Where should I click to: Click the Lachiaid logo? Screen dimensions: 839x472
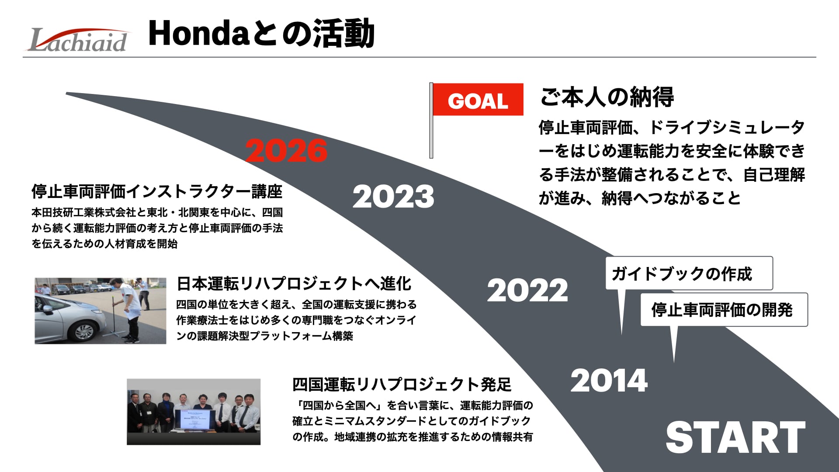click(78, 40)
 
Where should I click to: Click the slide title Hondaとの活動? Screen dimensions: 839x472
click(261, 33)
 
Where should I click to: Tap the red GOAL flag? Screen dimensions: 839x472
click(478, 100)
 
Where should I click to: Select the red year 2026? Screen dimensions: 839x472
click(286, 151)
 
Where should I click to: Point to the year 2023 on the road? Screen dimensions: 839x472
click(393, 197)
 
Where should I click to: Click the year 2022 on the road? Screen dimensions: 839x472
click(527, 290)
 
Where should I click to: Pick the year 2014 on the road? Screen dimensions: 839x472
click(609, 381)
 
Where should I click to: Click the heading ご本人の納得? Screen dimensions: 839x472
click(607, 97)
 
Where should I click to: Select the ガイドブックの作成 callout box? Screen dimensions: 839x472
click(689, 273)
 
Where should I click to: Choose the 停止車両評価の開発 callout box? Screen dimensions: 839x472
click(724, 309)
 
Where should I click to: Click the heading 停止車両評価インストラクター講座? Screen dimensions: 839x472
click(157, 191)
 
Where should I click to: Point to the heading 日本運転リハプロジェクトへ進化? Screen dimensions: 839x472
click(294, 284)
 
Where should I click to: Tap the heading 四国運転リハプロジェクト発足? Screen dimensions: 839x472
click(402, 385)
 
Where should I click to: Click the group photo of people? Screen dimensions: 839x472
click(194, 412)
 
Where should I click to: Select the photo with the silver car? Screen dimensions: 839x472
click(101, 311)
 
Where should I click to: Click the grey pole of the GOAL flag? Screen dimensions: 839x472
click(431, 120)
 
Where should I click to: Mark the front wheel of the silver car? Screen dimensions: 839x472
click(85, 332)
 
